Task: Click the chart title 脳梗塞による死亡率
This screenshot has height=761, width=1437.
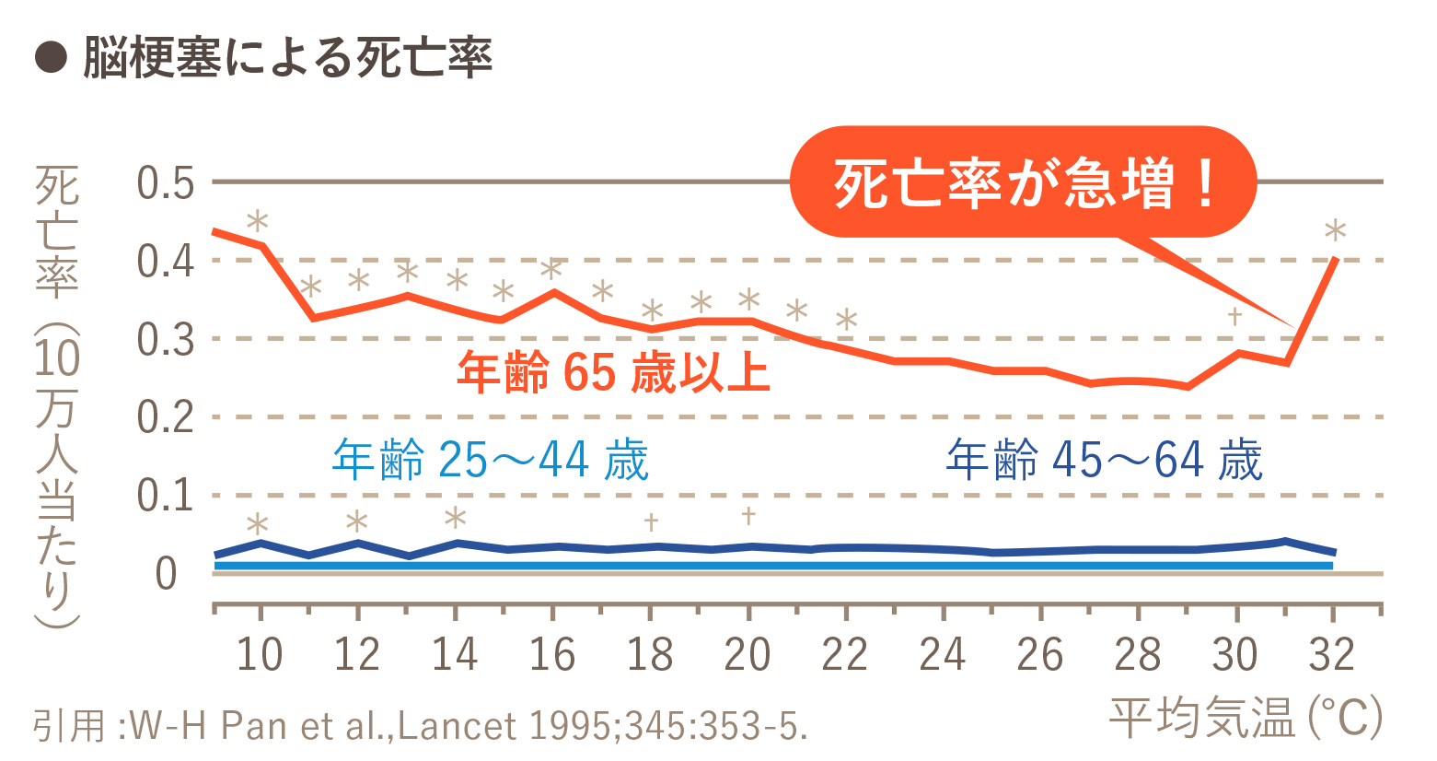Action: coord(287,58)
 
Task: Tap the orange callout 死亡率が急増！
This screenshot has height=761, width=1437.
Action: coord(1023,182)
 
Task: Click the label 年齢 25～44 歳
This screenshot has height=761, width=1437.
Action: coord(491,460)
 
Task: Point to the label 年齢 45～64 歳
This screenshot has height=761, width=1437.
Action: coord(1104,460)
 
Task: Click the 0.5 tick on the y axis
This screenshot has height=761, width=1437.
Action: coord(166,183)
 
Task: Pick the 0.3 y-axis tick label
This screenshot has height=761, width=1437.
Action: coord(166,340)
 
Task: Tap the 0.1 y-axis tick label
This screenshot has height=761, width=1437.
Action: coord(166,497)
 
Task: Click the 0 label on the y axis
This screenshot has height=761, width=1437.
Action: coord(166,574)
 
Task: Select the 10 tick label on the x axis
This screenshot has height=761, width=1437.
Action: coord(260,655)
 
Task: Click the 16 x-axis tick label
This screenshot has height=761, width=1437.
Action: coord(552,655)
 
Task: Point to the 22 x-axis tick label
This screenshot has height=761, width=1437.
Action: coord(845,655)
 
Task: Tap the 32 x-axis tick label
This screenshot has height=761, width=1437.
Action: coord(1332,655)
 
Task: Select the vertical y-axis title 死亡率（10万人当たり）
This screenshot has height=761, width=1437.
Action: coord(57,396)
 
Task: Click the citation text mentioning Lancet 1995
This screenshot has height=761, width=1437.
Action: coord(421,726)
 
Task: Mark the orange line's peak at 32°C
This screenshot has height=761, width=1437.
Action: coord(1334,260)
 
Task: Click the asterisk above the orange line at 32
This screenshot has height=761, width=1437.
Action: coord(1335,230)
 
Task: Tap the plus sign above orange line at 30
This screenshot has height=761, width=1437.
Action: coord(1235,317)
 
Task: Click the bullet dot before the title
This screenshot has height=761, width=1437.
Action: coord(52,58)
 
